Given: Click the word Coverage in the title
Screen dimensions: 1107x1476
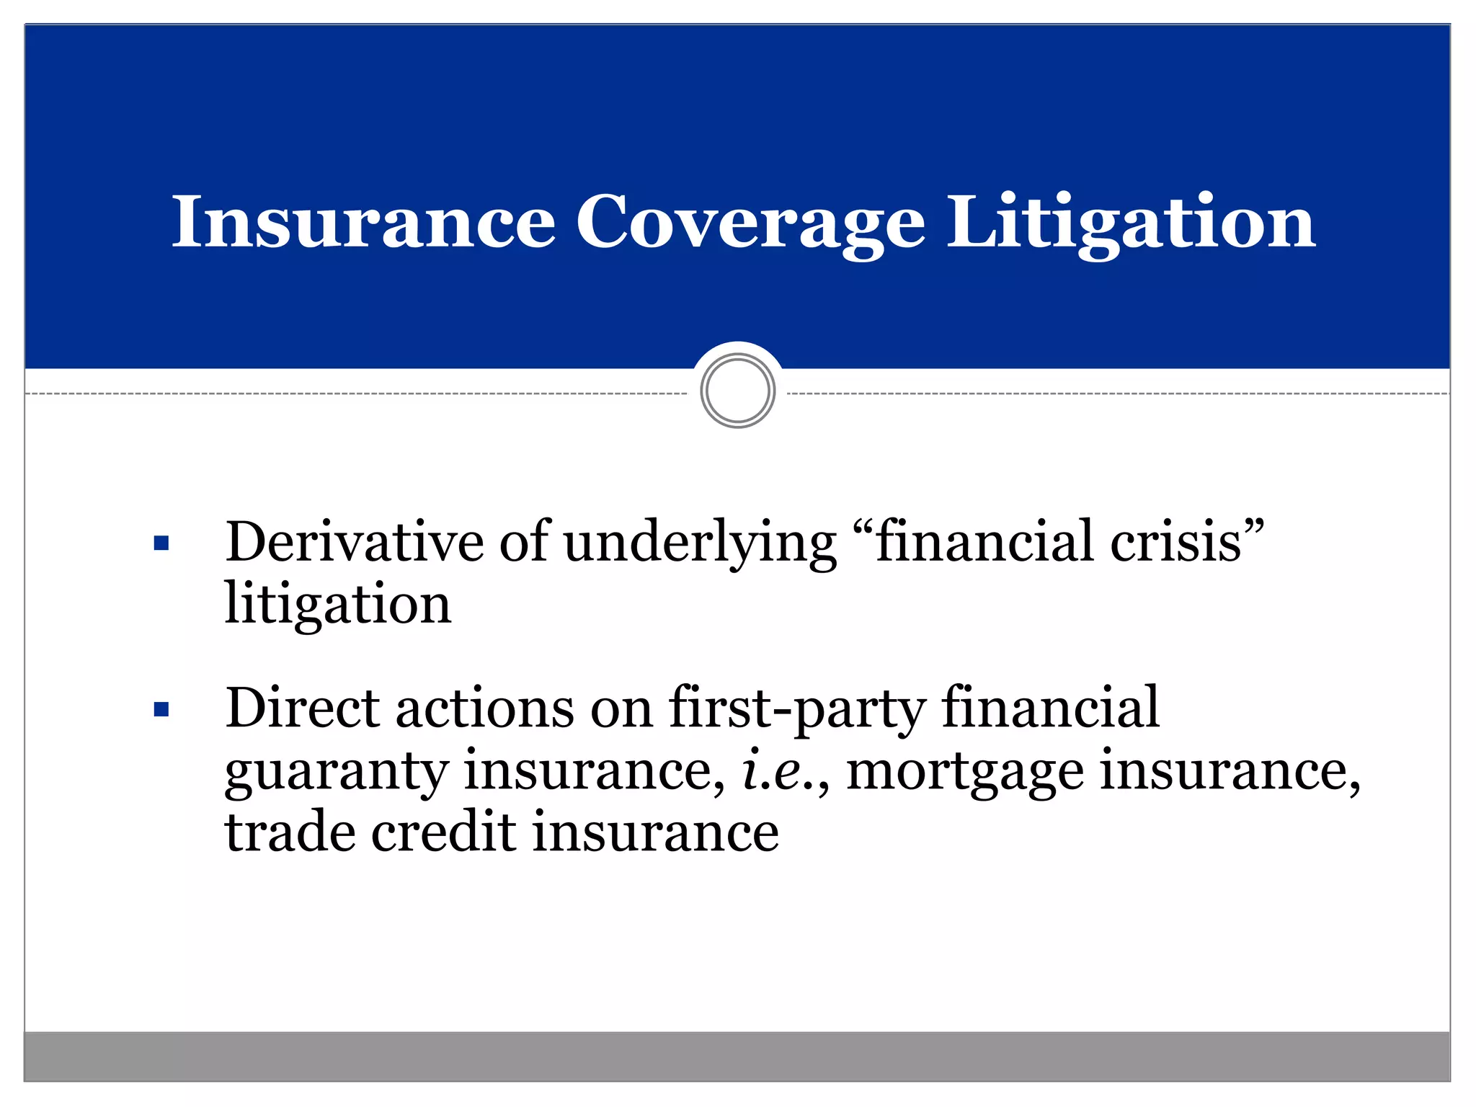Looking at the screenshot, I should (x=750, y=223).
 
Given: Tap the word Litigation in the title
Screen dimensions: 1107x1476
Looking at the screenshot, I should (x=1131, y=223).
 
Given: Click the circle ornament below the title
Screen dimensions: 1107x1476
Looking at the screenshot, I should (x=737, y=391).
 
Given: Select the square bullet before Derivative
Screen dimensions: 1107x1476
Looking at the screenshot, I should (x=161, y=543).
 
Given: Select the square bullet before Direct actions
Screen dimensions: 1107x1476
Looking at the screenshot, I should (x=161, y=710).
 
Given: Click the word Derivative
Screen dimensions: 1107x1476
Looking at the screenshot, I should (x=354, y=541).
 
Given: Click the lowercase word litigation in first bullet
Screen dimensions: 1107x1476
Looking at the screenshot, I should (x=337, y=604).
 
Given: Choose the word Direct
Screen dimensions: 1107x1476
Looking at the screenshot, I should (x=303, y=708).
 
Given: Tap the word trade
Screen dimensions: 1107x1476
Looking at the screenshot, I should (x=290, y=832).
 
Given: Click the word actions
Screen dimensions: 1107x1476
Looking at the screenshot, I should (x=484, y=708).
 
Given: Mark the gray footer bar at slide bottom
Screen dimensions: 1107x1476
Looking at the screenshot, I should (x=737, y=1056).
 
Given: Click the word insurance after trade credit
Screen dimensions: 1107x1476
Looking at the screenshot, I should (x=656, y=832).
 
